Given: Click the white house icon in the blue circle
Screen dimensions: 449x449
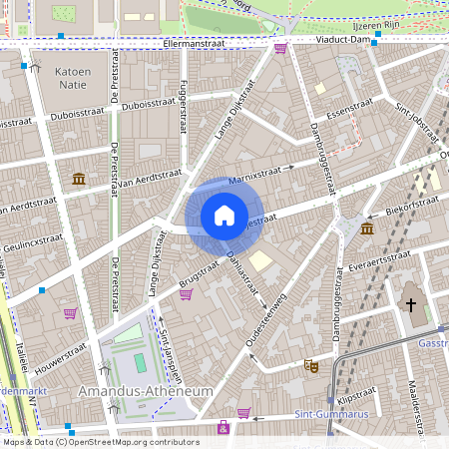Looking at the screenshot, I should (x=224, y=216).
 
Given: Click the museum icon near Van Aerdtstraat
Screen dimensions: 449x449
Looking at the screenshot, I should (x=78, y=179).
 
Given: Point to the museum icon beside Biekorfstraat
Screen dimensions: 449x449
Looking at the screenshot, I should (x=367, y=229).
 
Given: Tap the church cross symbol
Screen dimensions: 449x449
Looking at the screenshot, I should (x=410, y=303).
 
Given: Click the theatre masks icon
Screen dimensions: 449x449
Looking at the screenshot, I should (x=311, y=366).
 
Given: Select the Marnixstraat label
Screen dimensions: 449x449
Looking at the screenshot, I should (x=256, y=177).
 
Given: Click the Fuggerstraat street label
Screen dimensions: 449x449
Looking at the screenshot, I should (x=183, y=109).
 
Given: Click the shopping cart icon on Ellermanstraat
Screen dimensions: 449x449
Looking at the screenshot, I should (x=280, y=47).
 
